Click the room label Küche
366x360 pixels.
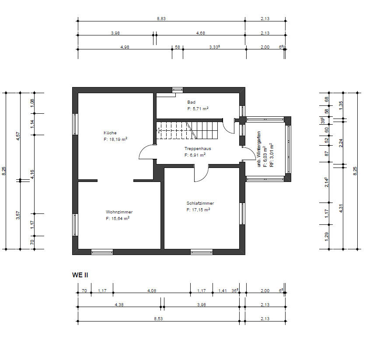(110, 133)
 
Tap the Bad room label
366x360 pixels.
(191, 102)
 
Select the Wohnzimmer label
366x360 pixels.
(119, 212)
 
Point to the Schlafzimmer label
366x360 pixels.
(200, 203)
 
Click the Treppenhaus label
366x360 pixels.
(198, 148)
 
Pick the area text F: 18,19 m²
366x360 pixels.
(115, 140)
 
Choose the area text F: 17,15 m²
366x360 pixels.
(198, 210)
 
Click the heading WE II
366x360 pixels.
(80, 275)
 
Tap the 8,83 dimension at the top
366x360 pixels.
(161, 19)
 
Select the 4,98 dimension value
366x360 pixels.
(125, 47)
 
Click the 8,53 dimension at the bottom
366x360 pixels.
(158, 319)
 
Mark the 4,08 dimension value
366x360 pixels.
(152, 290)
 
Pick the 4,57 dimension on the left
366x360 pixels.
(18, 136)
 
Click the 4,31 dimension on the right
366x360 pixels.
(341, 208)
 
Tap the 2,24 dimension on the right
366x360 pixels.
(341, 143)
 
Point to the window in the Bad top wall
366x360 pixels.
(178, 90)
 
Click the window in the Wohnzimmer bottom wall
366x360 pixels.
(102, 252)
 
